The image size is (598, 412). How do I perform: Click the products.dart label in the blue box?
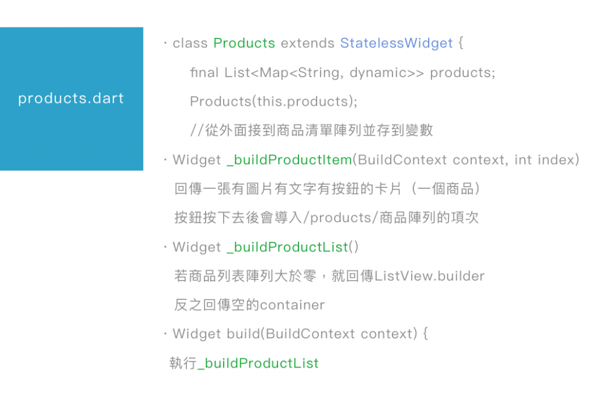[71, 98]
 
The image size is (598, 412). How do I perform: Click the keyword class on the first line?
[190, 43]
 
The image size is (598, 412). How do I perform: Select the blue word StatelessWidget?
[396, 43]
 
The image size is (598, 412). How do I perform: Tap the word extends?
[307, 43]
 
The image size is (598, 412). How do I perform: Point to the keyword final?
[205, 72]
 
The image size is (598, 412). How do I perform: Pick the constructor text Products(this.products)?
[274, 101]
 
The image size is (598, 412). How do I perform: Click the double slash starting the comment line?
[197, 130]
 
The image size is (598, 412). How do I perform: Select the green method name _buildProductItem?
[288, 160]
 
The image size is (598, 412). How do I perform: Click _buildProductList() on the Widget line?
[292, 247]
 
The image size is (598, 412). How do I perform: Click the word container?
[292, 305]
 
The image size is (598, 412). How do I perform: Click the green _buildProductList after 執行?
[259, 363]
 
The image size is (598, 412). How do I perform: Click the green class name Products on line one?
[244, 43]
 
